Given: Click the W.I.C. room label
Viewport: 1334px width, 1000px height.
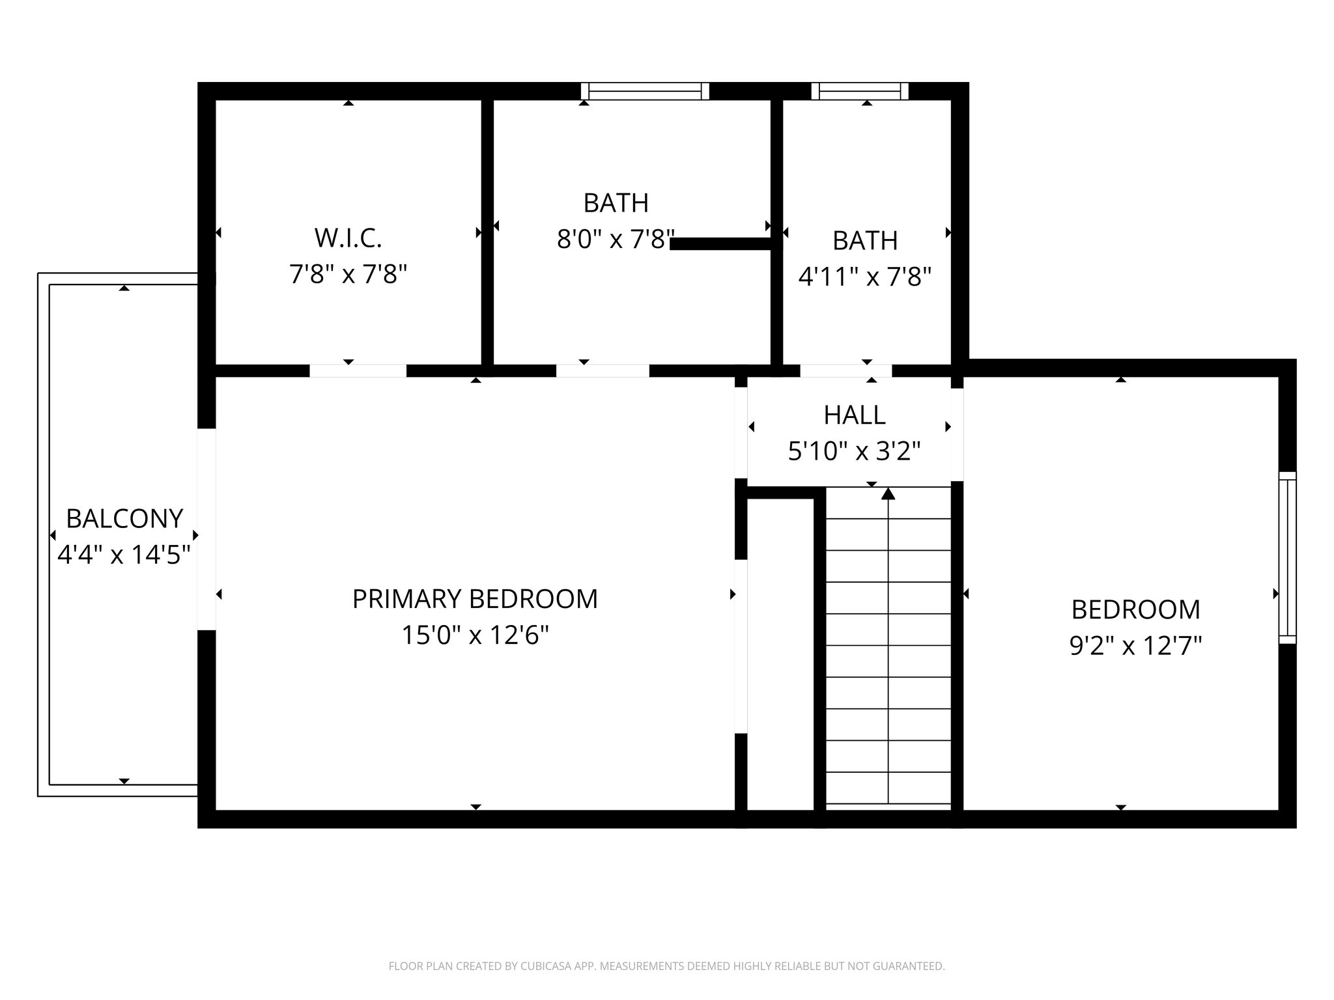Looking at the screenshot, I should click(348, 238).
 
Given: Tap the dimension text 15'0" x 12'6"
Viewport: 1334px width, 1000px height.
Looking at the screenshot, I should click(475, 635).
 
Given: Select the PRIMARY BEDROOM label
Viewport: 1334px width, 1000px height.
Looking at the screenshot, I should click(475, 599).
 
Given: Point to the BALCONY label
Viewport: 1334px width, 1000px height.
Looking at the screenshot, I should click(124, 519).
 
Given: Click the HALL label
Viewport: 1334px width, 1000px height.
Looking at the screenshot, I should click(855, 415).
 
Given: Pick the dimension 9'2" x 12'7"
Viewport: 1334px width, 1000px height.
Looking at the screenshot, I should click(1135, 646).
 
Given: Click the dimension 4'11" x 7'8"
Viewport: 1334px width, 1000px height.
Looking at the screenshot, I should click(865, 277).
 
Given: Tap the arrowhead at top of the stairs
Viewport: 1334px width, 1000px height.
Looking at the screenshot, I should click(888, 494).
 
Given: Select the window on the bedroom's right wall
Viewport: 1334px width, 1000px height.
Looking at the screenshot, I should click(1287, 557).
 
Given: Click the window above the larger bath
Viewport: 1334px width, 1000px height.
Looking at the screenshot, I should click(645, 91).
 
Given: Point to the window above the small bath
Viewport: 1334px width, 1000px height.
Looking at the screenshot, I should click(860, 91).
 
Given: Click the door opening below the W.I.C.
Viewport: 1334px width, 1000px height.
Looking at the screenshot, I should click(358, 370).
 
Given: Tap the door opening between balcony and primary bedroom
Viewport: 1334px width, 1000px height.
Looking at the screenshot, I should click(206, 529).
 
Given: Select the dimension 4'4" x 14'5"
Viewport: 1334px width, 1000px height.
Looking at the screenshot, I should click(124, 555).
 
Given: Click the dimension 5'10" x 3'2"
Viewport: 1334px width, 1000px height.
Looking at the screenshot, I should click(855, 451).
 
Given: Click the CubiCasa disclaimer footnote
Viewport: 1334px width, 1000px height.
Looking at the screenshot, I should click(666, 966).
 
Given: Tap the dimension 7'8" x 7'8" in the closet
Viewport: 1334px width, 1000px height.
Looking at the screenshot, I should click(348, 275).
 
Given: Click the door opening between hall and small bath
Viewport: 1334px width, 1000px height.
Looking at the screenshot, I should click(845, 370).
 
